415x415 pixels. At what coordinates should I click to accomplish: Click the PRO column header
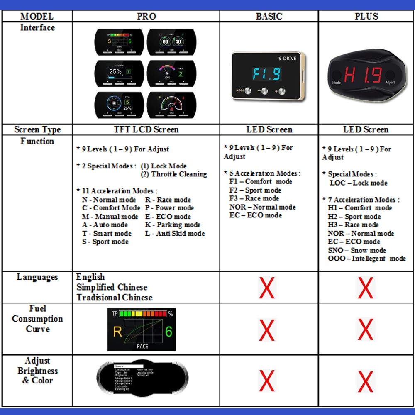[x=146, y=16]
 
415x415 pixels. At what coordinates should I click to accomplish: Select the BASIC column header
[x=269, y=16]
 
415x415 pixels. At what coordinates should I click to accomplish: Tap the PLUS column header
[x=366, y=16]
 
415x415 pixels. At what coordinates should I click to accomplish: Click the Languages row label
[x=37, y=277]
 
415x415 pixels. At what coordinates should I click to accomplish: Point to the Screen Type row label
[x=37, y=129]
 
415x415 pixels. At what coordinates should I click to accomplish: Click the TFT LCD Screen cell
[x=146, y=129]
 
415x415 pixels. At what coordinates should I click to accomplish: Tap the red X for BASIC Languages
[x=266, y=288]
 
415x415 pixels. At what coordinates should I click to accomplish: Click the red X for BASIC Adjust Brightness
[x=266, y=381]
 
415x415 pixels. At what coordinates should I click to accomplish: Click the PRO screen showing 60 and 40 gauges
[x=171, y=42]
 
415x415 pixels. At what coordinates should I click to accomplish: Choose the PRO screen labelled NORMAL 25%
[x=120, y=73]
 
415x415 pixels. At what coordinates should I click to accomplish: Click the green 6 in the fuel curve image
[x=168, y=332]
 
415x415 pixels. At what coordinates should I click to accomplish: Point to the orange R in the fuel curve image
[x=117, y=332]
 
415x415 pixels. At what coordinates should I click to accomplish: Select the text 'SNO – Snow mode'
[x=357, y=250]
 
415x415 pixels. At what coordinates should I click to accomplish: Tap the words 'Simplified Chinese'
[x=112, y=287]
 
